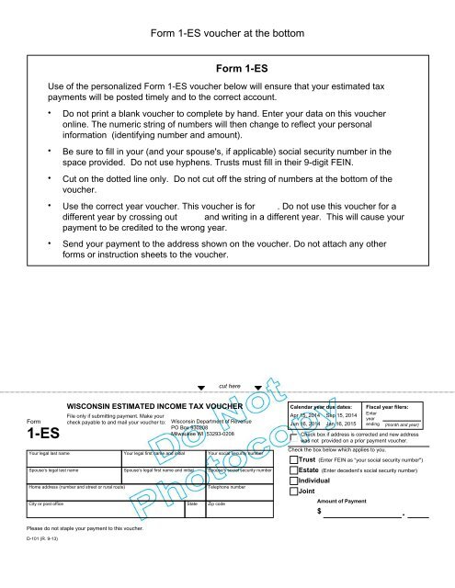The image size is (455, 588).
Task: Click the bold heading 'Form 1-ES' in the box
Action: pos(241,68)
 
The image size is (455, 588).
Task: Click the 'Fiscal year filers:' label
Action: pos(393,405)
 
